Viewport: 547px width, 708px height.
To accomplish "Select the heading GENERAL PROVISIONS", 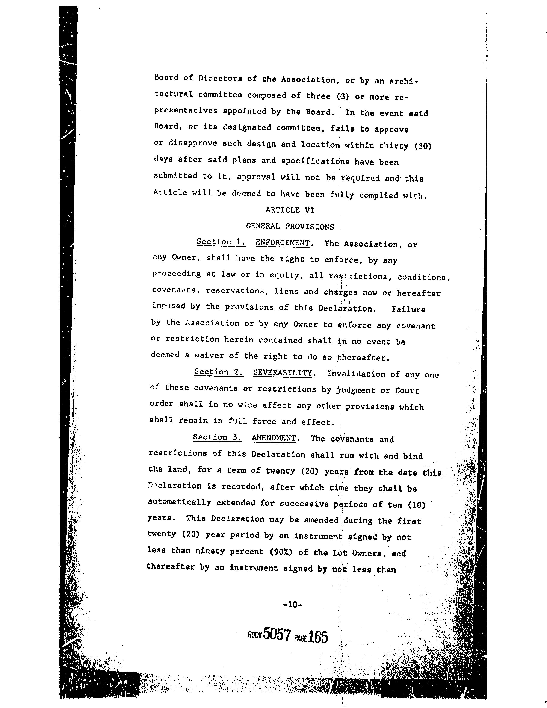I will point(290,226).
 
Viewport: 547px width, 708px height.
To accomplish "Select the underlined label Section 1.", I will point(221,242).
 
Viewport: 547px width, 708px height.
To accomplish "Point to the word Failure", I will point(408,309).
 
